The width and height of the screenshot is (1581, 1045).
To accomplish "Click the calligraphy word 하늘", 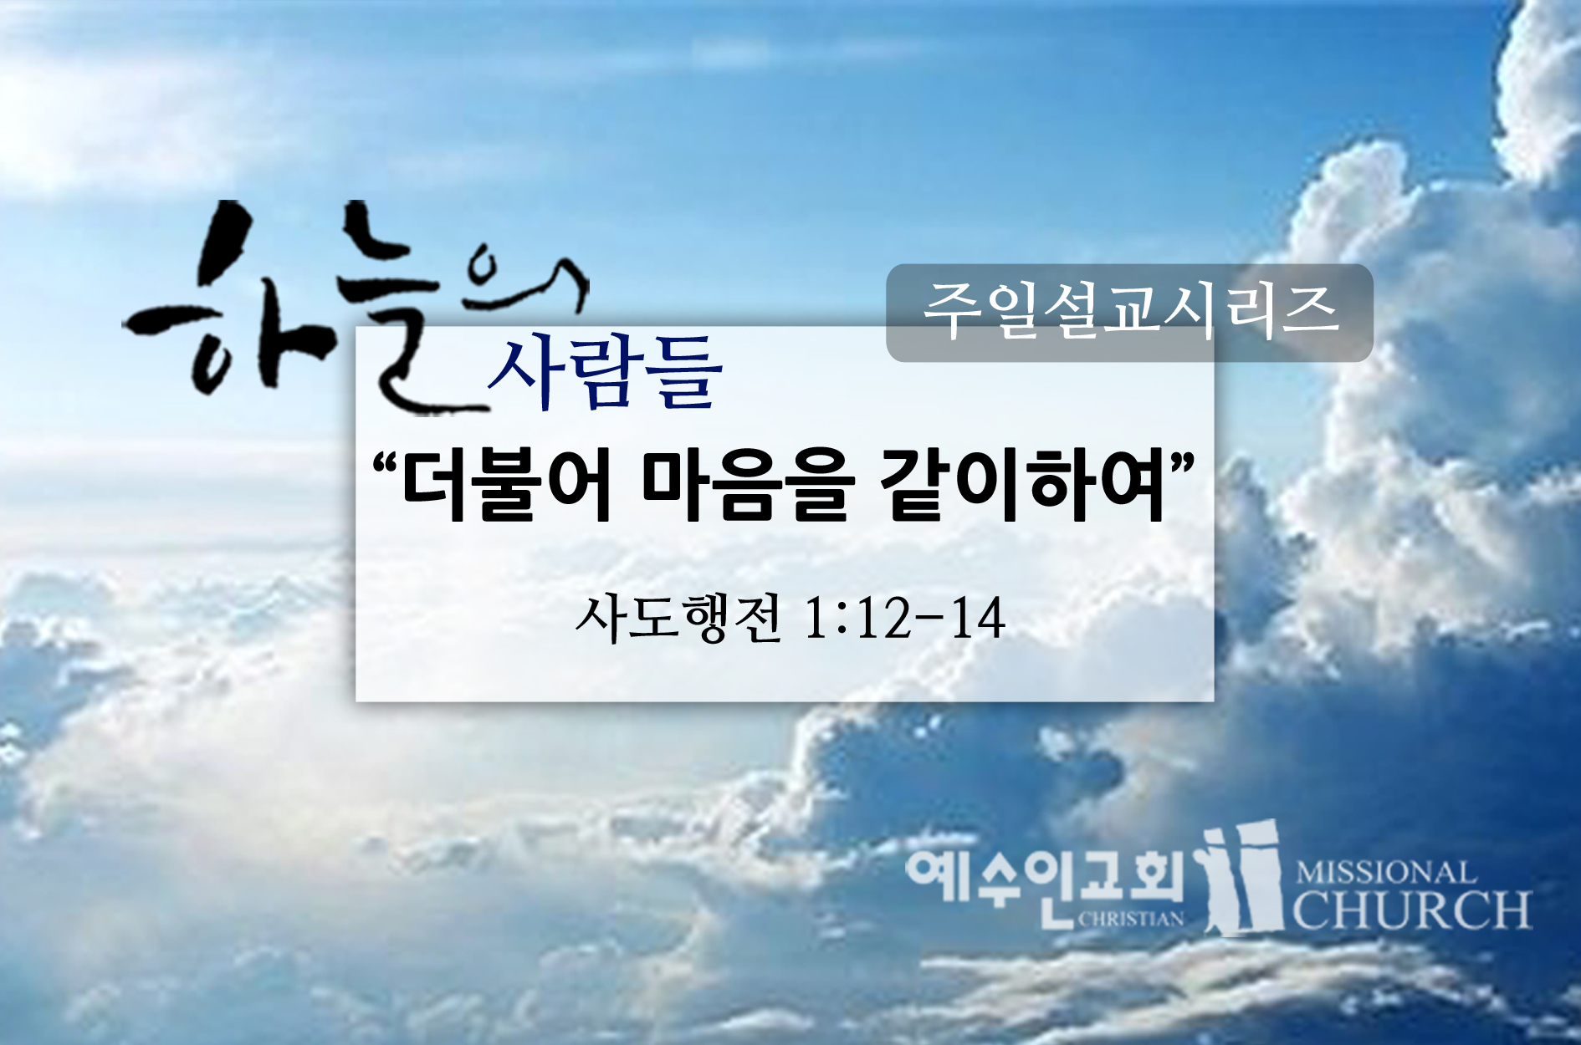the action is click(284, 309).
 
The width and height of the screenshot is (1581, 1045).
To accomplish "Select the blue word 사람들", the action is click(605, 372).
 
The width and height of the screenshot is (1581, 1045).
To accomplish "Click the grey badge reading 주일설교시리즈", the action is click(1129, 313).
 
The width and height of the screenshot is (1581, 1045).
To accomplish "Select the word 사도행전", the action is click(679, 619).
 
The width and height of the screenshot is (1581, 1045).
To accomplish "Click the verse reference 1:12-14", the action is click(904, 619).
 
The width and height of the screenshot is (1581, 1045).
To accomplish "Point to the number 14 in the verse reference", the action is click(979, 619).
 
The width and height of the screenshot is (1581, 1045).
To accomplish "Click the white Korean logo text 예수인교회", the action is click(1046, 878).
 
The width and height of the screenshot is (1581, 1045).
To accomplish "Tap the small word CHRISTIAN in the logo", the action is click(1131, 919).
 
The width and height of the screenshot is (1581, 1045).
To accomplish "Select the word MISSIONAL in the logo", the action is click(1385, 874).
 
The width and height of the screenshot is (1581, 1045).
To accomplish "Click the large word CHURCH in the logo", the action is click(1413, 910).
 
